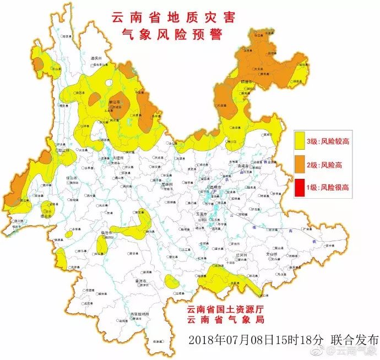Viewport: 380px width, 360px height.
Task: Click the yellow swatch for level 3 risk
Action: [300, 141]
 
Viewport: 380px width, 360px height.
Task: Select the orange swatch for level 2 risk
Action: [300, 164]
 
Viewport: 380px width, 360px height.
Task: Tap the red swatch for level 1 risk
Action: [300, 187]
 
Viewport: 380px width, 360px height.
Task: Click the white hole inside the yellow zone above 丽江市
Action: [109, 84]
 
